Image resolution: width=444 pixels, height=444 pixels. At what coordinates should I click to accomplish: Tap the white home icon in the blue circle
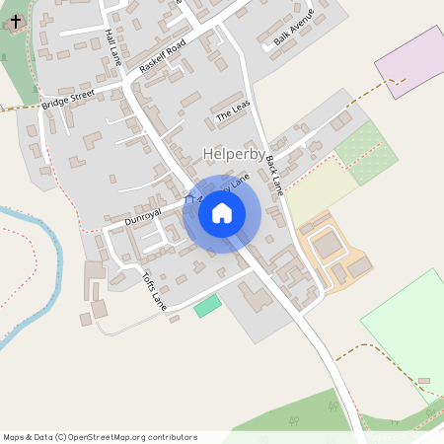(222, 213)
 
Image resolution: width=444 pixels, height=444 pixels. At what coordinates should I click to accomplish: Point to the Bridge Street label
(68, 100)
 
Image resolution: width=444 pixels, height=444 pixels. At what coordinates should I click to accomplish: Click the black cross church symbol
(16, 19)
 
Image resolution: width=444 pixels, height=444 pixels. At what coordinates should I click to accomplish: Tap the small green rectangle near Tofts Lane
(207, 305)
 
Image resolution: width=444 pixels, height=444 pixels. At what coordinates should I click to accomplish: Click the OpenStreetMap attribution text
(100, 436)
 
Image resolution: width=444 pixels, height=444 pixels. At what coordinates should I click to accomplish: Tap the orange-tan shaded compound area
(335, 252)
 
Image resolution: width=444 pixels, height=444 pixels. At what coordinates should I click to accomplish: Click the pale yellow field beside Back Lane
(318, 191)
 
